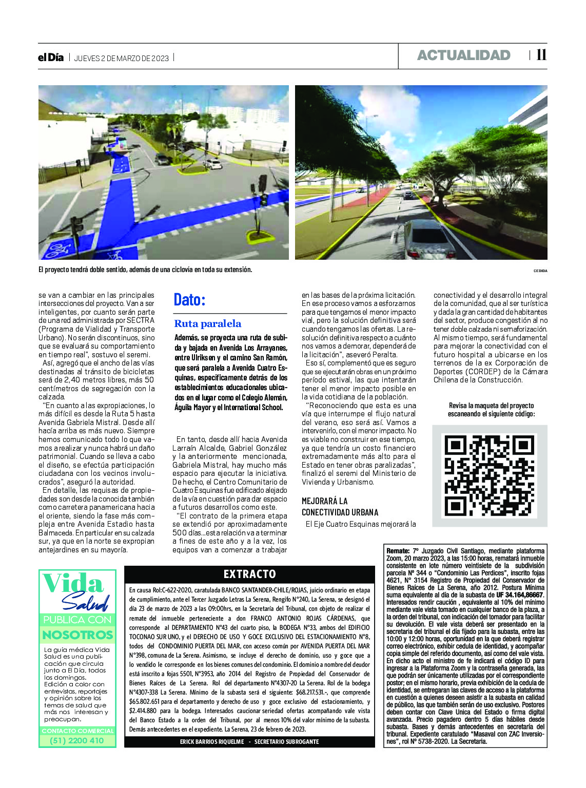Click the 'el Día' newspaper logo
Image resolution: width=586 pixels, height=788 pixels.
coord(51,57)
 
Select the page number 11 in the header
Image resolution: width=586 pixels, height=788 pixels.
coord(541,55)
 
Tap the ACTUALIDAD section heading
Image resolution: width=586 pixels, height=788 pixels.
coord(463,55)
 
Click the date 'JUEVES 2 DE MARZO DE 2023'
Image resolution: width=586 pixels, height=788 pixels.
coord(122,58)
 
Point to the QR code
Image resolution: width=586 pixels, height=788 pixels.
coord(490,475)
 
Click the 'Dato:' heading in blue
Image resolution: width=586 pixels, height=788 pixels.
coord(189,300)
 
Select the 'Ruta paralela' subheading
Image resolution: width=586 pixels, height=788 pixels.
coord(207,324)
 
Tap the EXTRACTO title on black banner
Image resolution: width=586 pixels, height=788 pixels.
coord(249,574)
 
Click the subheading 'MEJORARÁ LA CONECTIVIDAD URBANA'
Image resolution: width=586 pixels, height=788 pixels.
coord(340,507)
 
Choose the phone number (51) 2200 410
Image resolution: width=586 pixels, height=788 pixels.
coord(77,740)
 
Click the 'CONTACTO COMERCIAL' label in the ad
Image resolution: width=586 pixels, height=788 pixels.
coord(77,731)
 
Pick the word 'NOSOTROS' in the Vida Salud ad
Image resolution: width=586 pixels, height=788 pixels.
coord(77,635)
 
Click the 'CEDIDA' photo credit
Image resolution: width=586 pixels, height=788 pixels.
coord(540,271)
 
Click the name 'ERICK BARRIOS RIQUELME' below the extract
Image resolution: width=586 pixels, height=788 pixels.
coord(211,742)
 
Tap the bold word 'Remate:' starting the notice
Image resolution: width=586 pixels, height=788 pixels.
coord(398,551)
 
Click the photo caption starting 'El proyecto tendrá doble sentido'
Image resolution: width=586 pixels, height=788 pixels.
coord(145,270)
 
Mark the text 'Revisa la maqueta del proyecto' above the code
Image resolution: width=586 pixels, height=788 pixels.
coord(491,406)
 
